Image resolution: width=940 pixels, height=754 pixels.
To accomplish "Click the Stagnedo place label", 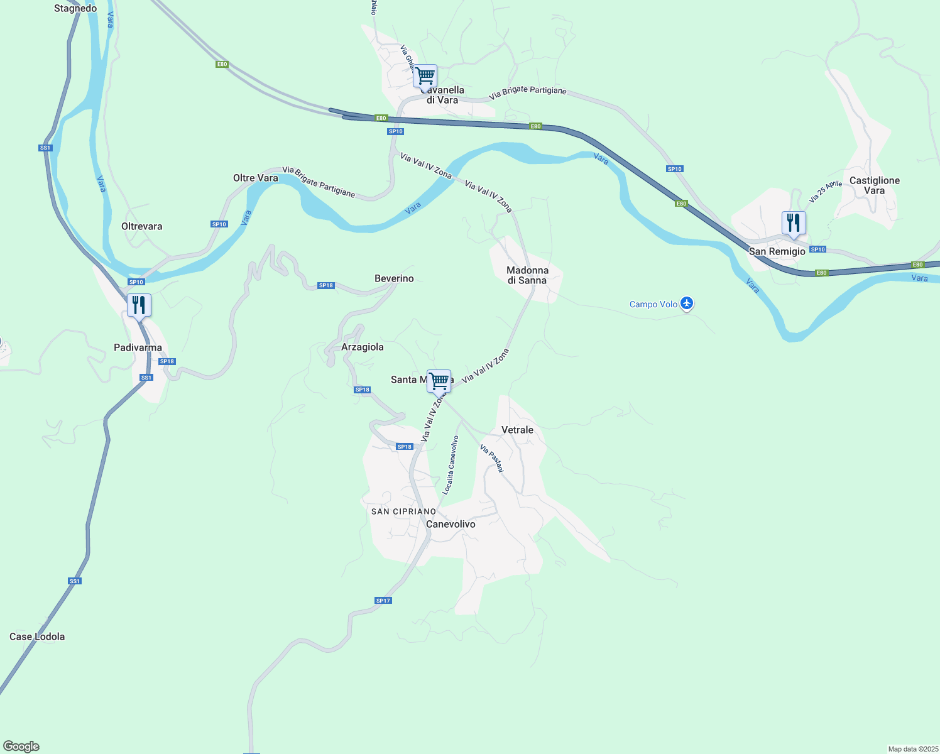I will click(75, 8).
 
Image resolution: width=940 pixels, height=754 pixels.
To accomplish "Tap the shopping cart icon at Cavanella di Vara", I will click(425, 76).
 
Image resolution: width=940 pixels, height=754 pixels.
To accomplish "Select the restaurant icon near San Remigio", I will click(794, 223).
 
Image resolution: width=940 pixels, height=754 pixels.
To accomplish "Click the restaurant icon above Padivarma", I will click(139, 305).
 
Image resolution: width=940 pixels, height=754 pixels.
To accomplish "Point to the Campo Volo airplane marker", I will click(687, 303).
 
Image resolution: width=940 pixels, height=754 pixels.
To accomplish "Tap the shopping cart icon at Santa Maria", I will click(439, 381).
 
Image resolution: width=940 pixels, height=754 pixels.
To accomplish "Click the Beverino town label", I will click(394, 278).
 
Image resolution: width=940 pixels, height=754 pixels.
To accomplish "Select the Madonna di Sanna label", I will click(527, 275).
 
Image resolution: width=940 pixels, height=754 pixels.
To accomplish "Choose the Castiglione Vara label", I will click(874, 185).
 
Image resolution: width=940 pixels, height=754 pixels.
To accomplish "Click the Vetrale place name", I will click(517, 430).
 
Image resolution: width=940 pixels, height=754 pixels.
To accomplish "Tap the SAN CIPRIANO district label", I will click(403, 511).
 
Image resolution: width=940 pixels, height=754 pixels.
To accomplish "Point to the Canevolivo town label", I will click(451, 524).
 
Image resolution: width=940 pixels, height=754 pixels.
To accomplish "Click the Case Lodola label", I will click(37, 637).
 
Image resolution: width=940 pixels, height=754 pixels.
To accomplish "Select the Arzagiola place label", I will click(362, 347).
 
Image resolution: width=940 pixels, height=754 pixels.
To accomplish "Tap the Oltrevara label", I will click(141, 226).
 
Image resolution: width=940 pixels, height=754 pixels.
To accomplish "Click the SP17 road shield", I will click(383, 601).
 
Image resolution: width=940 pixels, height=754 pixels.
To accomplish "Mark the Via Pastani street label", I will click(492, 458).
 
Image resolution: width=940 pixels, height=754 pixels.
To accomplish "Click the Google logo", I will click(21, 746).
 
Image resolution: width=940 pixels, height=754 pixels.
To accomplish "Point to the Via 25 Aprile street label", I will click(825, 192).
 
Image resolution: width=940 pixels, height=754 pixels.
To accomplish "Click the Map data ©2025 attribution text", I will click(912, 749).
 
